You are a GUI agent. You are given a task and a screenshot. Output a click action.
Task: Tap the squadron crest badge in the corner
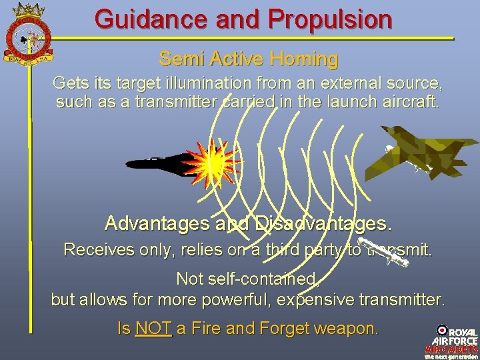click(27, 30)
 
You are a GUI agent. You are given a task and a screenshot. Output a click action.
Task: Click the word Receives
click(93, 251)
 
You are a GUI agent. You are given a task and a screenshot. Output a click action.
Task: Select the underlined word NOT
click(153, 328)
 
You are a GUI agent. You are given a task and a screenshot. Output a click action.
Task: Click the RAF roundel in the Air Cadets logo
click(441, 329)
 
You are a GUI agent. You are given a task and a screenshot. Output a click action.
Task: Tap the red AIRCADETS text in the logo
click(451, 348)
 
